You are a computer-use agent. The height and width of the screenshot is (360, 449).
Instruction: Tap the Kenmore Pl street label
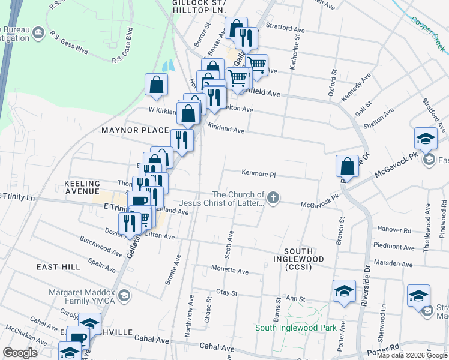[258, 175]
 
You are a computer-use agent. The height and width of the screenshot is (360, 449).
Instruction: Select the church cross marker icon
[274, 198]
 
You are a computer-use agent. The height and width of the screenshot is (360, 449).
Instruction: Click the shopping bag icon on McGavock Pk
[347, 166]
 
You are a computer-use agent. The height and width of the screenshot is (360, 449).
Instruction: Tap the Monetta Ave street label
[229, 271]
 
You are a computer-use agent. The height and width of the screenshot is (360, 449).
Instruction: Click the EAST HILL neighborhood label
[58, 266]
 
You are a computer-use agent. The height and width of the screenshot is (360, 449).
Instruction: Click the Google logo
[19, 353]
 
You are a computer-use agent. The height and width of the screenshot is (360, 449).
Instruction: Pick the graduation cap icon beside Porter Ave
[344, 292]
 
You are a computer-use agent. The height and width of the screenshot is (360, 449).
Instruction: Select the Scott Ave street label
[229, 246]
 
